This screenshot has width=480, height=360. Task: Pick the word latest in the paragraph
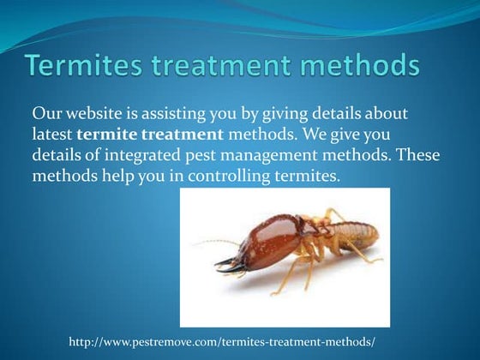[x=52, y=135]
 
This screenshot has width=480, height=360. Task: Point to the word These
[x=426, y=155]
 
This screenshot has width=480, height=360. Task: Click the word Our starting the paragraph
[x=47, y=114]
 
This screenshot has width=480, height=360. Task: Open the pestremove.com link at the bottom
[x=222, y=342]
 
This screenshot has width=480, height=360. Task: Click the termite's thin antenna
[x=214, y=243]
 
